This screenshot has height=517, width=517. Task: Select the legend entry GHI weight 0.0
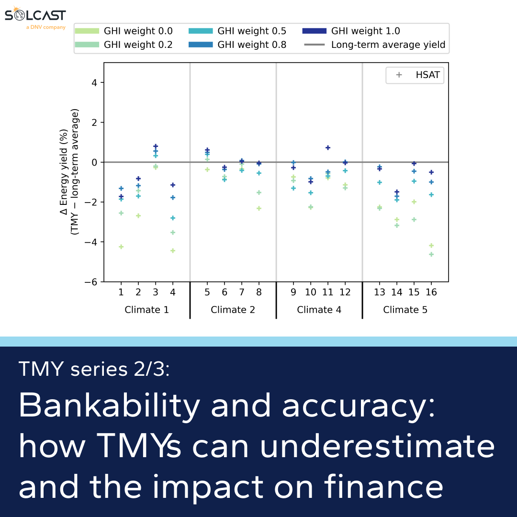pos(124,31)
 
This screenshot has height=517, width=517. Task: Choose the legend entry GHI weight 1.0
pos(351,31)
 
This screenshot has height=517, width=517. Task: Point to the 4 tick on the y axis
pos(94,82)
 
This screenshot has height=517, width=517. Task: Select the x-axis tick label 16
pos(431,292)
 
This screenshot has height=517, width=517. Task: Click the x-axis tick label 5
pos(207,292)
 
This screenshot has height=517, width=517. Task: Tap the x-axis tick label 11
pos(327,292)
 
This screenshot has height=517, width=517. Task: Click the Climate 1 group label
pos(146,310)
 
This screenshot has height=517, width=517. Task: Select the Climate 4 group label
pos(319,310)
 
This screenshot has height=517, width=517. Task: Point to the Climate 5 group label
pos(405,310)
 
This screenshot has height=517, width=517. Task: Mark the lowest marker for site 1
pos(121,247)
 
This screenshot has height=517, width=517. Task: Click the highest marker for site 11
pos(328,148)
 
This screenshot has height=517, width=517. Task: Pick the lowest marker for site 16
pos(431,254)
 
